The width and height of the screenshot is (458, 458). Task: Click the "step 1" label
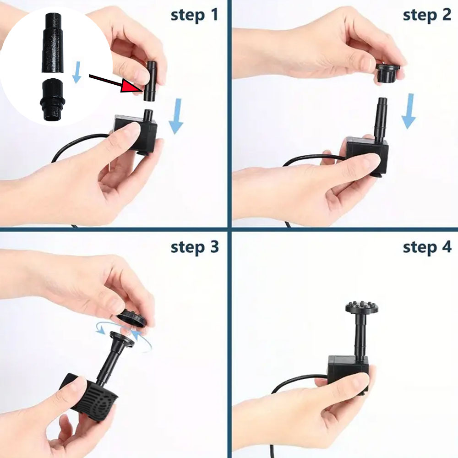pyautogui.click(x=194, y=15)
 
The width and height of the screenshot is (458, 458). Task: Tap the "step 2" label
pyautogui.click(x=427, y=15)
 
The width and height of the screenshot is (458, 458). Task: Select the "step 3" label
pyautogui.click(x=195, y=247)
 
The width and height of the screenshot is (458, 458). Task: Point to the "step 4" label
pyautogui.click(x=427, y=247)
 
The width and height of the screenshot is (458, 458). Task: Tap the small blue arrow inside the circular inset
pyautogui.click(x=76, y=72)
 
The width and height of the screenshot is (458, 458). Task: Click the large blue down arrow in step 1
pyautogui.click(x=176, y=116)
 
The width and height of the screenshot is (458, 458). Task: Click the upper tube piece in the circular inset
pyautogui.click(x=53, y=43)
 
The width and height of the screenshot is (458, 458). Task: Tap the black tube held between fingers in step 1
pyautogui.click(x=150, y=81)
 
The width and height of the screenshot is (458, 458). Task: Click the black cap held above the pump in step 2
pyautogui.click(x=387, y=73)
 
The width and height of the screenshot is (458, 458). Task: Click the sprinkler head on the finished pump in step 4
pyautogui.click(x=362, y=307)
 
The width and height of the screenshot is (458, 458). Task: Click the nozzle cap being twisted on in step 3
pyautogui.click(x=132, y=318)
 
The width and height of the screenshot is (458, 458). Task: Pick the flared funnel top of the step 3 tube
pyautogui.click(x=122, y=339)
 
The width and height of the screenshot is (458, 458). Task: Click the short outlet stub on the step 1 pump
pyautogui.click(x=149, y=116)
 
